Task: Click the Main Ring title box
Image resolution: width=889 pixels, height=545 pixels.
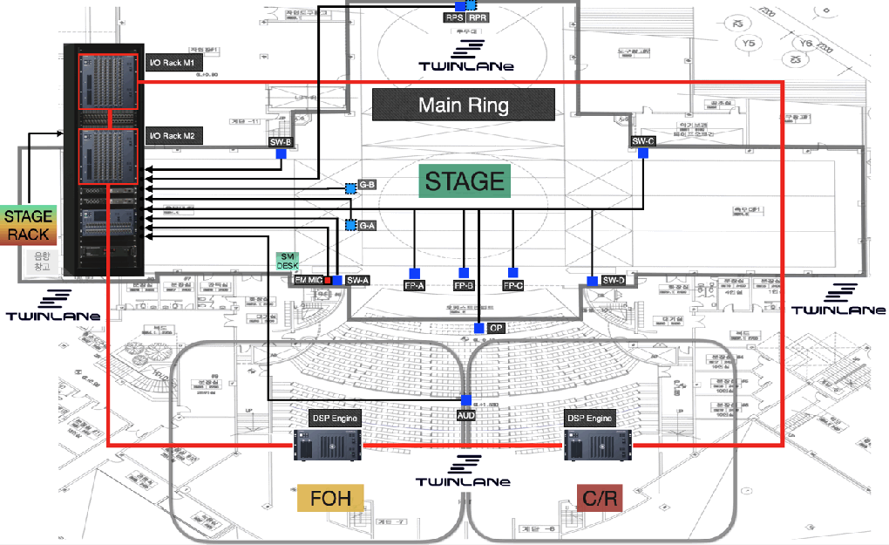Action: click(x=463, y=105)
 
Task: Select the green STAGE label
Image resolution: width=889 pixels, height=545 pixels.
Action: click(x=465, y=181)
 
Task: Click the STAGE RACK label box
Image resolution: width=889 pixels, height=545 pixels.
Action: click(x=29, y=225)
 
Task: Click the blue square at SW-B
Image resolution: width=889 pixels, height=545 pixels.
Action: click(x=282, y=153)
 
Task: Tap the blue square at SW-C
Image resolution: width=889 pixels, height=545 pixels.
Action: click(x=642, y=153)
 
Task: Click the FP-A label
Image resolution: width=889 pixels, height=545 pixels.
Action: click(x=415, y=285)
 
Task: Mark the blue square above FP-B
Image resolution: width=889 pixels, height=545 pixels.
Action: click(x=464, y=273)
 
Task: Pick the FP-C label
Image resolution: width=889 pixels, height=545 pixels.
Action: click(x=512, y=285)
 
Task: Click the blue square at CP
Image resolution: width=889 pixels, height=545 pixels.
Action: click(x=479, y=328)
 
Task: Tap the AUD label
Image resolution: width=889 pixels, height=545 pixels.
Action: click(x=467, y=415)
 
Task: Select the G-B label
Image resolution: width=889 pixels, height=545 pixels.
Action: click(x=367, y=186)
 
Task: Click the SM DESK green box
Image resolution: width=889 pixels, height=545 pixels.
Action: click(x=288, y=261)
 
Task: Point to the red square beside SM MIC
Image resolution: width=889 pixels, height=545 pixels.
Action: click(x=329, y=280)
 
